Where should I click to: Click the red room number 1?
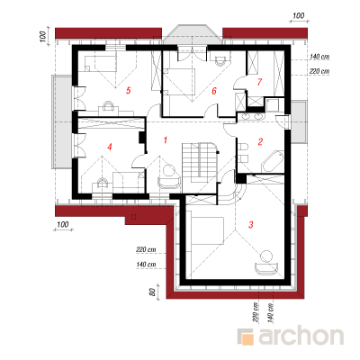coord(165,140)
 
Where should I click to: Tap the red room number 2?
coord(260,141)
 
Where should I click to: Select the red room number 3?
coord(251,224)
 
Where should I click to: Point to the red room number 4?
coord(110,147)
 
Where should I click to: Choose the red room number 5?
coord(129,90)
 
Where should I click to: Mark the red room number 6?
coord(214,91)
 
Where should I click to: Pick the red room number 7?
coord(259,82)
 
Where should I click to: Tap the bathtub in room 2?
coord(273,162)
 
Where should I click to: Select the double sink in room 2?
coord(251,116)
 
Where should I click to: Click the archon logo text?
coord(301,337)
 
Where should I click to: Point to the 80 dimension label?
coord(152,292)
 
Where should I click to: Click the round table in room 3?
coord(266,256)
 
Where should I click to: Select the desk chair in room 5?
coord(108,105)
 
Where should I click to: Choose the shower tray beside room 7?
coord(273,104)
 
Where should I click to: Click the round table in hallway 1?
coord(169,171)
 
